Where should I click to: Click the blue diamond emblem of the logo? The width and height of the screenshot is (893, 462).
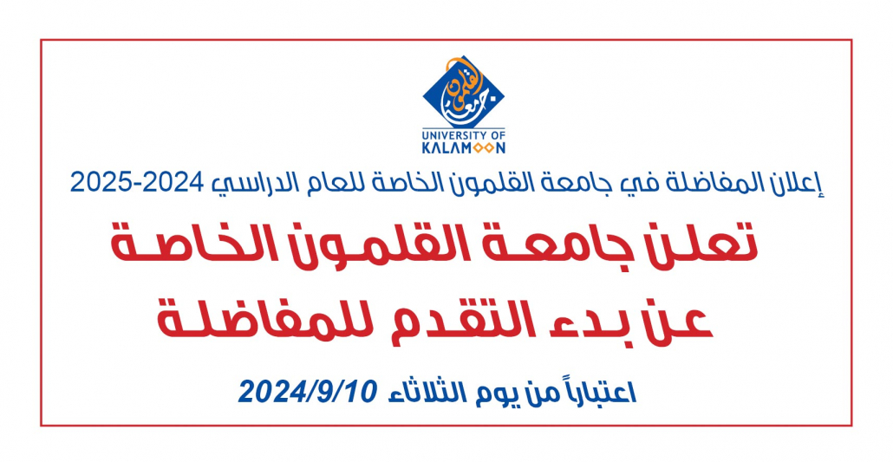point(464,92)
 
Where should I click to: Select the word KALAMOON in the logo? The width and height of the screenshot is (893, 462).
point(464,148)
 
